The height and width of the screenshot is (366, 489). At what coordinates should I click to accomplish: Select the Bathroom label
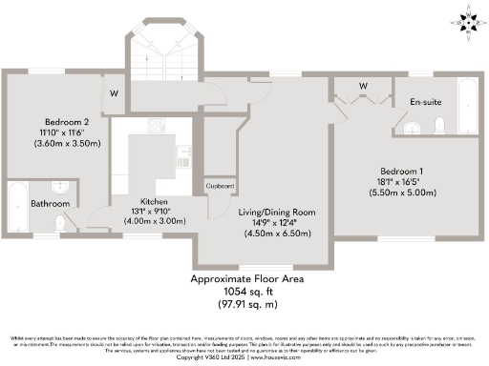(x=47, y=203)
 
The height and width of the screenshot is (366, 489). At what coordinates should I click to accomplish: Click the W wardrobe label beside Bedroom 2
(x=113, y=93)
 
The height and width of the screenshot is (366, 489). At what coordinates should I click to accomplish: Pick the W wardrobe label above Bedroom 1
(x=363, y=86)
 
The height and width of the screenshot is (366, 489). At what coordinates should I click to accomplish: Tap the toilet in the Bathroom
(x=61, y=221)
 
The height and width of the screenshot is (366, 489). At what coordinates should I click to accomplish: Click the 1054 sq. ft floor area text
(x=245, y=292)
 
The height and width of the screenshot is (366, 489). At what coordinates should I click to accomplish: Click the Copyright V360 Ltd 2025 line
(x=245, y=356)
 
